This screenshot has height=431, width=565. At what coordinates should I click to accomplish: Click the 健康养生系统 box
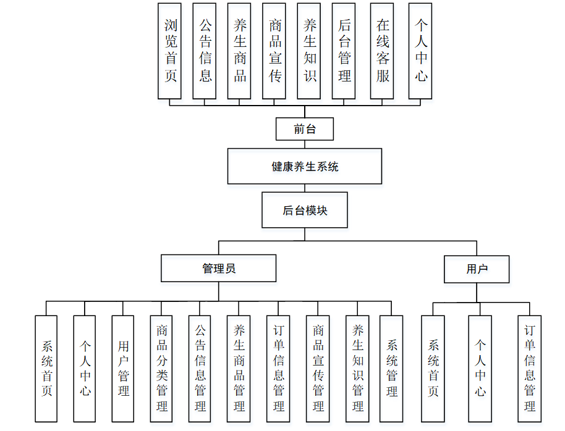point(305,166)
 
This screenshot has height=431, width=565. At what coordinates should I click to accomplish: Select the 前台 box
point(305,129)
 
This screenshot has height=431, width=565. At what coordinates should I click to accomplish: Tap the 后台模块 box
point(305,211)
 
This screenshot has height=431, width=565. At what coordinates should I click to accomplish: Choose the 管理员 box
point(218,269)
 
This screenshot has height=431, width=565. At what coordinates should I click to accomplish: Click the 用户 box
point(477,269)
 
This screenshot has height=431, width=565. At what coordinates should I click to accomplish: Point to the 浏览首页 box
point(170,51)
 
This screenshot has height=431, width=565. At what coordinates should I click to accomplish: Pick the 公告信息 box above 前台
point(205,51)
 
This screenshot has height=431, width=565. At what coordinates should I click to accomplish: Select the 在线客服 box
point(382,51)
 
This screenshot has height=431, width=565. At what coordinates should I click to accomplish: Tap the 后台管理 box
point(344,51)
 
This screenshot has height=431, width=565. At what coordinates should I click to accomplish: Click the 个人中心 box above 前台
point(420,51)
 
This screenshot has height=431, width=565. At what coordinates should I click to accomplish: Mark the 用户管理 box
point(123,369)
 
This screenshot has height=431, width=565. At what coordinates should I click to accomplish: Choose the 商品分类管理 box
point(161,369)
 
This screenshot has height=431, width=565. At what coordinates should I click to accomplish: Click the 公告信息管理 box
point(200,369)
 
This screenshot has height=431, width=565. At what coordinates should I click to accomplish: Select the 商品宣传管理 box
point(318,369)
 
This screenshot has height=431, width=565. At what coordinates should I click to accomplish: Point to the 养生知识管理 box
point(357,369)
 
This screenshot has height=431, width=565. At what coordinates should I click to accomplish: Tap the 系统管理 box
point(391,369)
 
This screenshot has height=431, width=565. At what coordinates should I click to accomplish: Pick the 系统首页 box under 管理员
point(46,369)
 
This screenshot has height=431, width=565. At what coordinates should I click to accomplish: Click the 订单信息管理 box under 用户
point(530,369)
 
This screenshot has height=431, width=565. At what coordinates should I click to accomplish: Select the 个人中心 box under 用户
point(480,369)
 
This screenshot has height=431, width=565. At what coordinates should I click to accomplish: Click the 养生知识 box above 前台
point(309,51)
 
